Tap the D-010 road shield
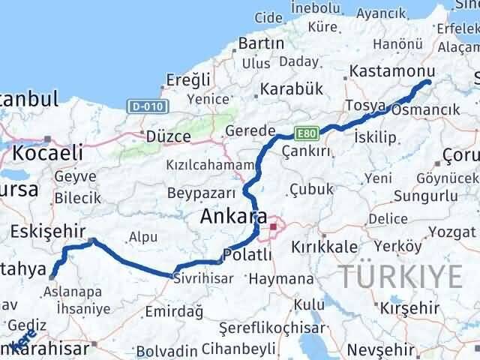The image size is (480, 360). click(142, 106)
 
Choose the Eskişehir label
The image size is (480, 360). click(48, 232)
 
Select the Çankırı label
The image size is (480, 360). click(307, 151)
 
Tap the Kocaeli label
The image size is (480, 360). click(46, 154)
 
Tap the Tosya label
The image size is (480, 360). click(365, 105)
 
